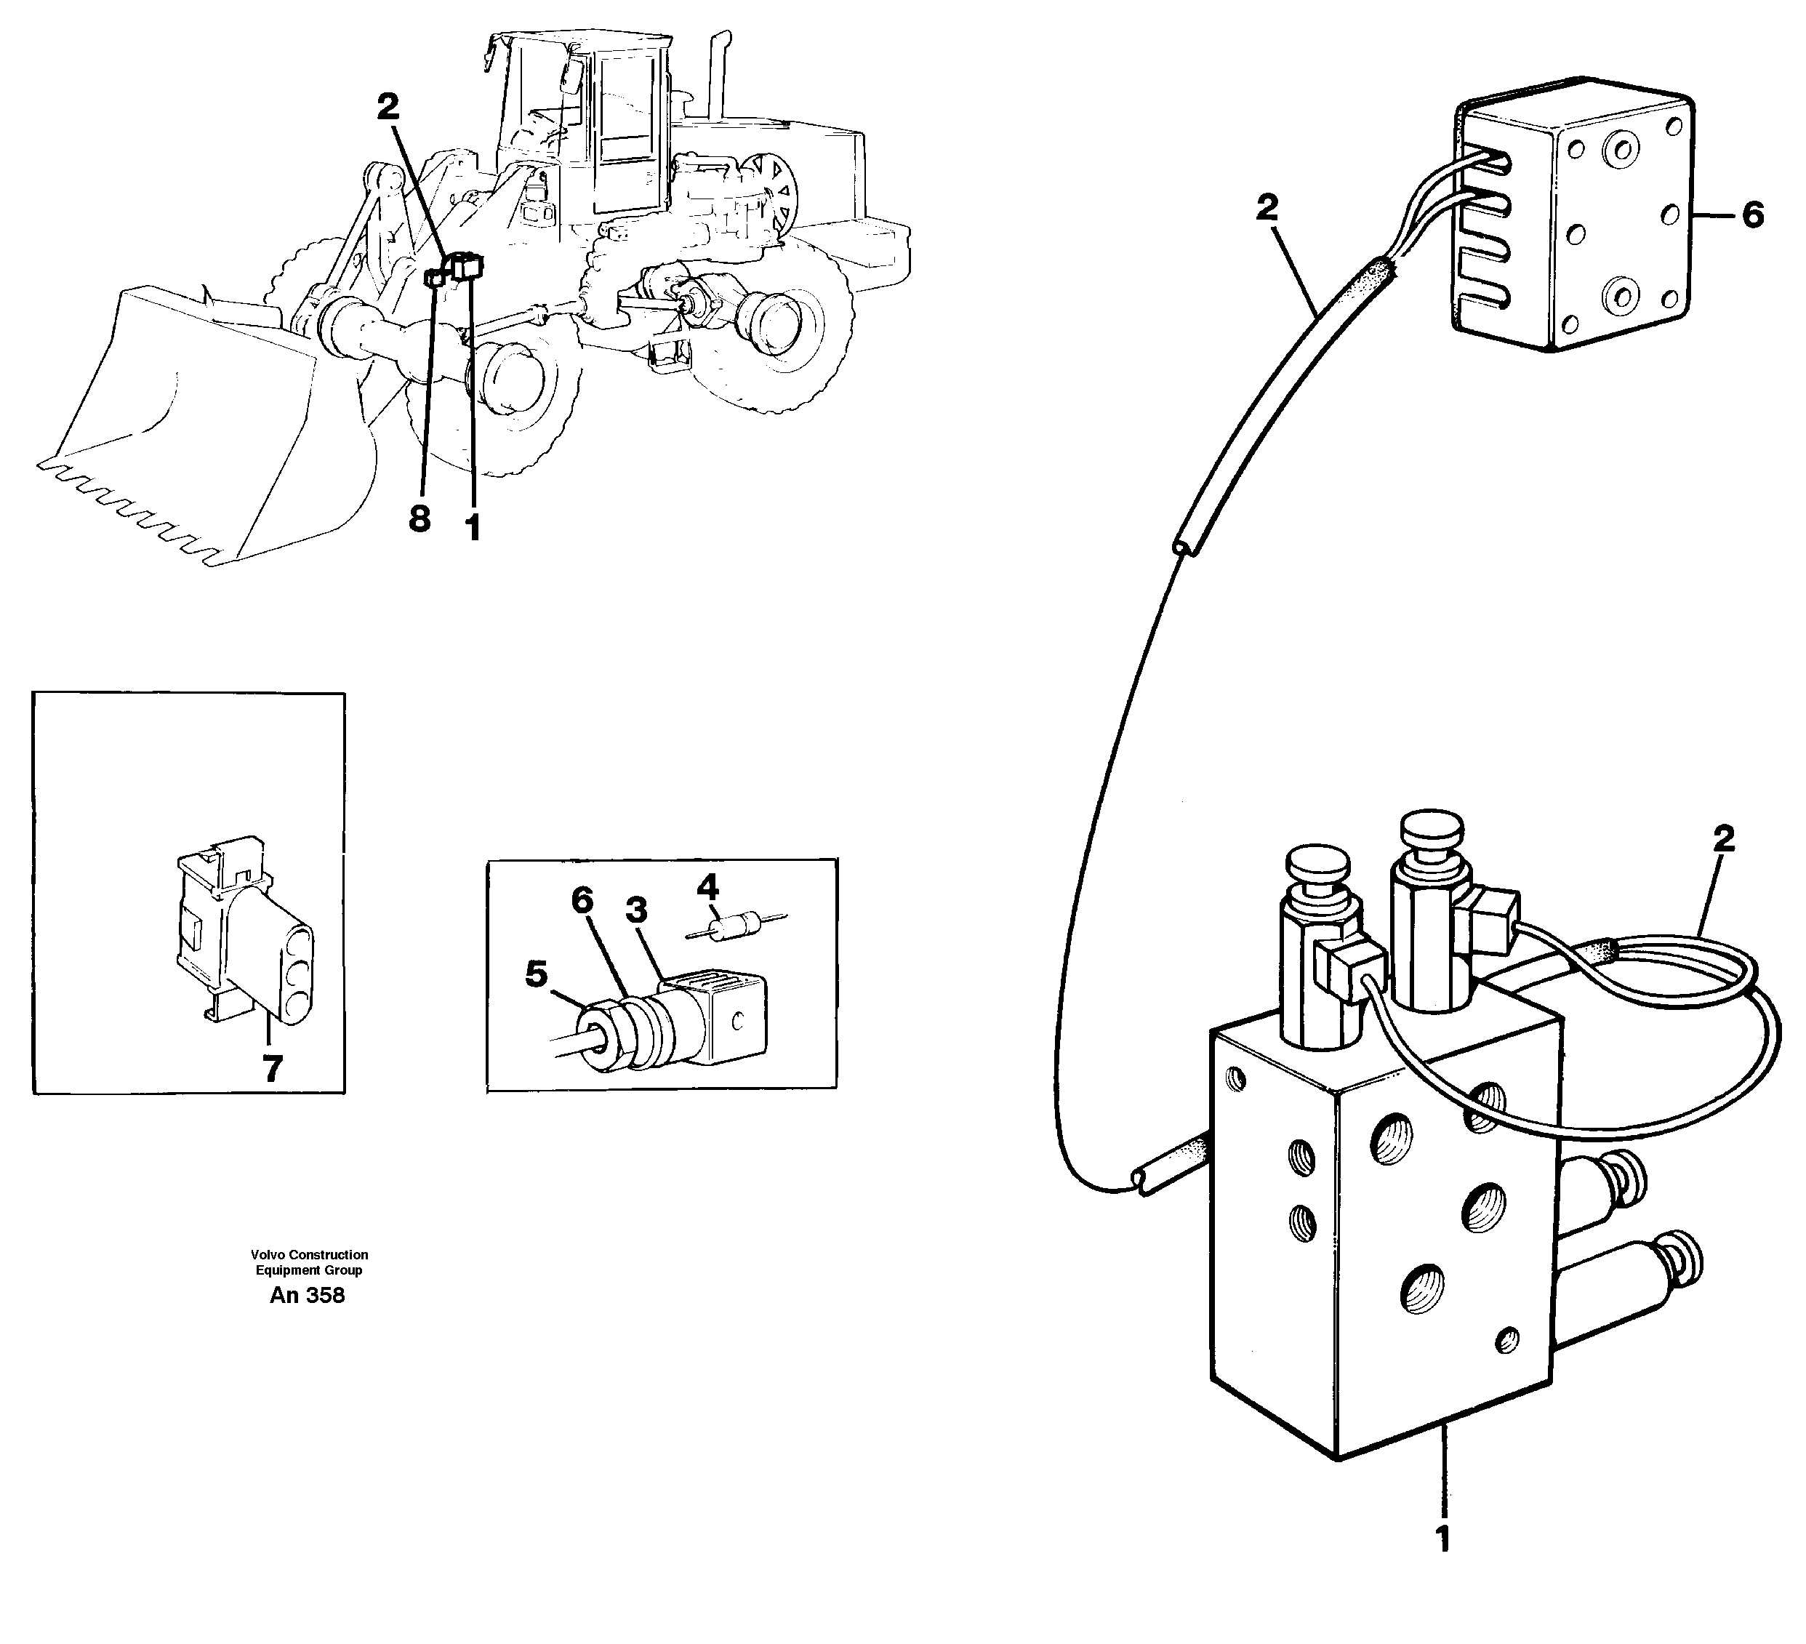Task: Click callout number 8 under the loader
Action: pos(420,518)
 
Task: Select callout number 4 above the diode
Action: pos(707,888)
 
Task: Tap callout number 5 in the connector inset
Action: pos(536,974)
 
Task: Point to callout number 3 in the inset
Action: pos(636,910)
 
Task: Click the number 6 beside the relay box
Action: pos(1752,215)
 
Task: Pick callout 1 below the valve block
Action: pos(1442,1539)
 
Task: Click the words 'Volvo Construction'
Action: pos(309,1254)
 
